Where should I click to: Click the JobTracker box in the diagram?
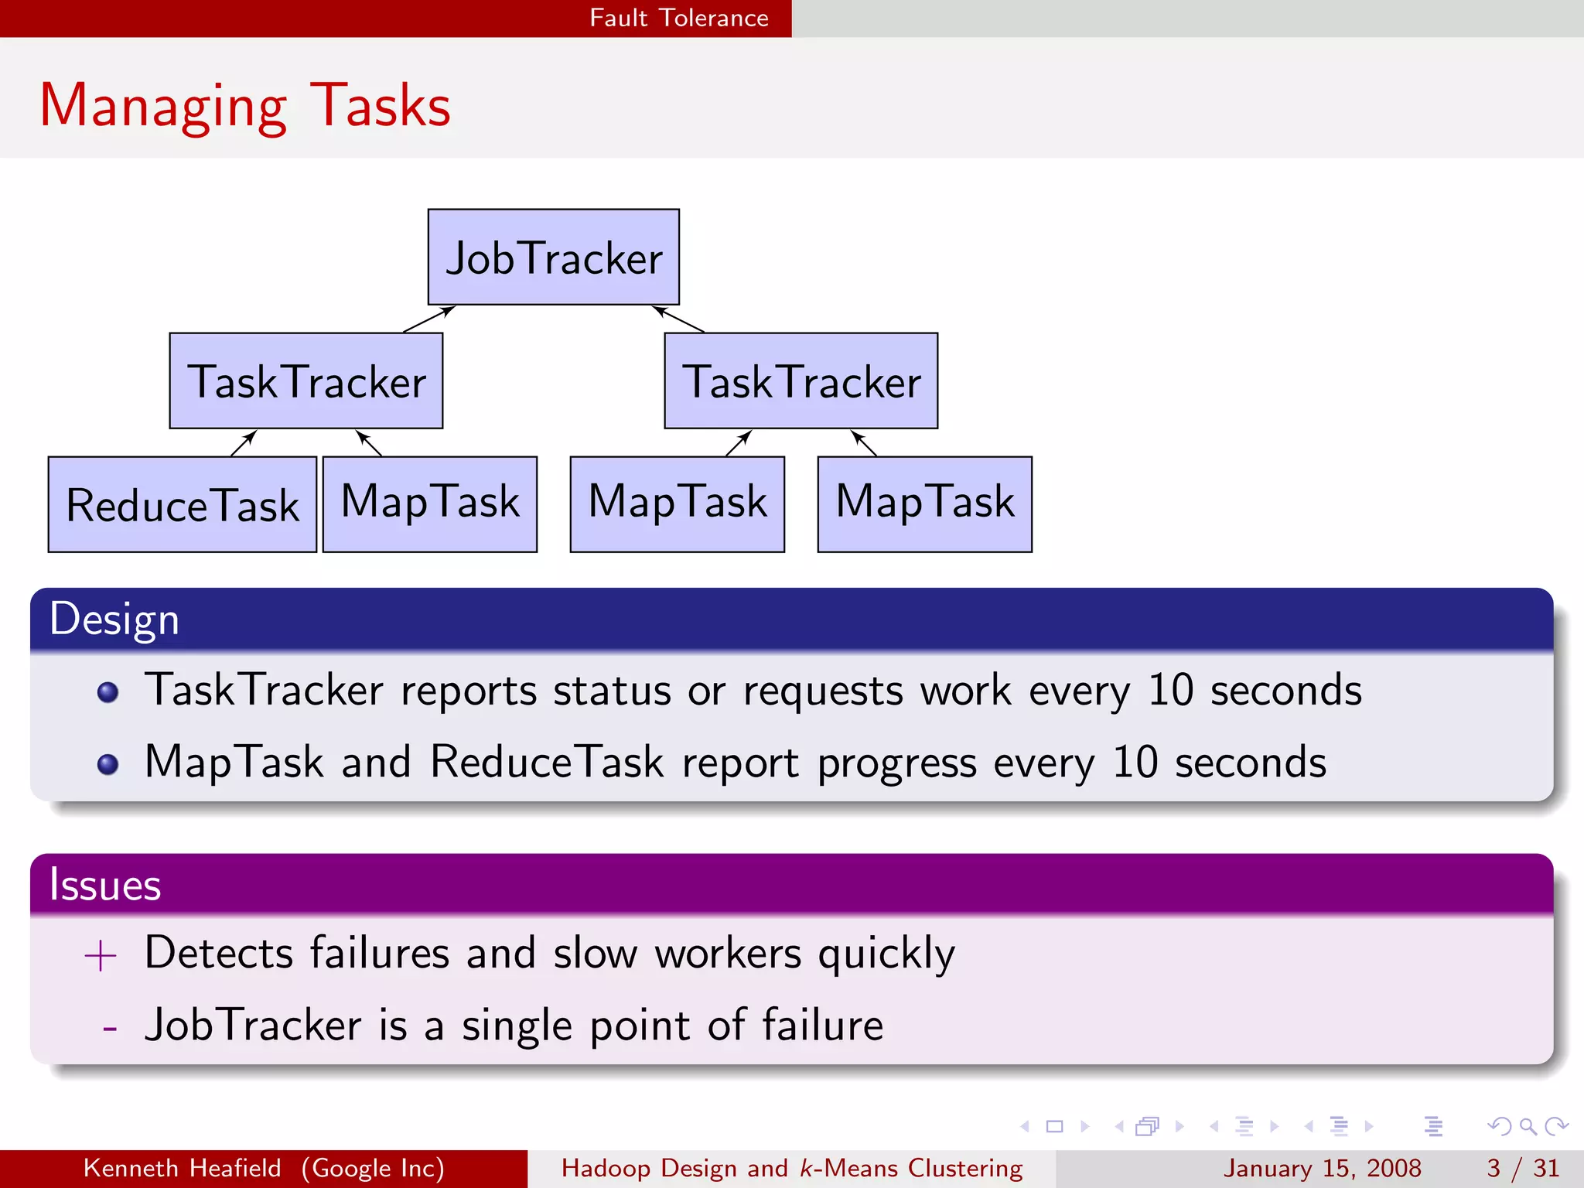click(x=554, y=257)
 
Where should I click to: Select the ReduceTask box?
click(x=183, y=504)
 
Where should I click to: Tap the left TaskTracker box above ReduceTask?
click(x=306, y=381)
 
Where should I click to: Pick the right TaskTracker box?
click(x=801, y=381)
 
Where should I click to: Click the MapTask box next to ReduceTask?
click(x=430, y=504)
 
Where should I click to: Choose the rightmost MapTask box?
click(x=925, y=504)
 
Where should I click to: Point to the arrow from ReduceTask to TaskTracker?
click(x=243, y=444)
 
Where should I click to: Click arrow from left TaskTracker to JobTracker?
click(x=428, y=319)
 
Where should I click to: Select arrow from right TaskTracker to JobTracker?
click(x=678, y=319)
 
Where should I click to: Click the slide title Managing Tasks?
click(x=244, y=105)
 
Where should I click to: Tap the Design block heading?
click(x=114, y=619)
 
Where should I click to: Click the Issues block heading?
click(x=105, y=884)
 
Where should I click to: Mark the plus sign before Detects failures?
click(x=101, y=956)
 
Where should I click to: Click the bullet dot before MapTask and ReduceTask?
click(x=108, y=764)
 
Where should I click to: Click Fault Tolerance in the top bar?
click(x=679, y=18)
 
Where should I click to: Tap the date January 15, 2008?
click(x=1322, y=1168)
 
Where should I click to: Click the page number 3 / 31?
click(x=1522, y=1168)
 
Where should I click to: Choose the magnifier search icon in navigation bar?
click(x=1528, y=1127)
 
